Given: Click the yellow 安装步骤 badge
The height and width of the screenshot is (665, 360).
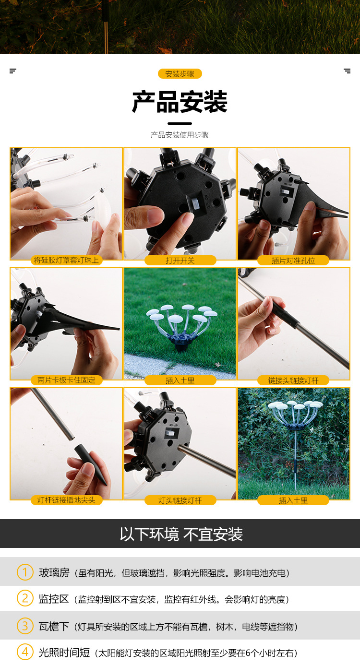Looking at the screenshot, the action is [x=180, y=73].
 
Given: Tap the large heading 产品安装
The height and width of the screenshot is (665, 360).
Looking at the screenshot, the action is [x=180, y=102].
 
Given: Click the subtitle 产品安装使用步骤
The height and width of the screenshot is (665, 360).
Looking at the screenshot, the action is [x=180, y=135].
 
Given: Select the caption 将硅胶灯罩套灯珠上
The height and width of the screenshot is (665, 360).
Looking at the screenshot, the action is [x=66, y=261].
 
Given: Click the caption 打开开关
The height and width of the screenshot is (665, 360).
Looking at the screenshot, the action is [x=180, y=261].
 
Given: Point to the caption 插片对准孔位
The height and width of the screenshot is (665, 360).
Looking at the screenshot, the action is [x=293, y=261].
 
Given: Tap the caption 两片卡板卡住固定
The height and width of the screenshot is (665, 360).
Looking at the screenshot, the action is [x=66, y=380].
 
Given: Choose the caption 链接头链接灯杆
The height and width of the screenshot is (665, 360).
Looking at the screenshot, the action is [x=293, y=380].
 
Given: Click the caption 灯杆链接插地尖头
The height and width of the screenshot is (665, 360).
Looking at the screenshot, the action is [x=66, y=500].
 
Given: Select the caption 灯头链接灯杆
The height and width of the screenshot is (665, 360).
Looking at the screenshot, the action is [x=180, y=500].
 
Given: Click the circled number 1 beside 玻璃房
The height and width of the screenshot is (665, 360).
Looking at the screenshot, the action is [x=25, y=572].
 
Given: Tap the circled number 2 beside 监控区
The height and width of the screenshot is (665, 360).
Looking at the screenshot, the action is [x=25, y=598].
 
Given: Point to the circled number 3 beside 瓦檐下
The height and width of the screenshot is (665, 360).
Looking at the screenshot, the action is [x=25, y=626].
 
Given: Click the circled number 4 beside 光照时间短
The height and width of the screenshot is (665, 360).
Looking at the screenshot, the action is [x=25, y=652].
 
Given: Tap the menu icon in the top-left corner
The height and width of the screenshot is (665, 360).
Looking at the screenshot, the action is [x=13, y=71].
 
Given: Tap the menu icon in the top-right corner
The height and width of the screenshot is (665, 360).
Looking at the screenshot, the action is [x=347, y=71].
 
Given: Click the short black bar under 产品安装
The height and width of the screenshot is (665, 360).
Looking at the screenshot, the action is [x=180, y=123].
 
